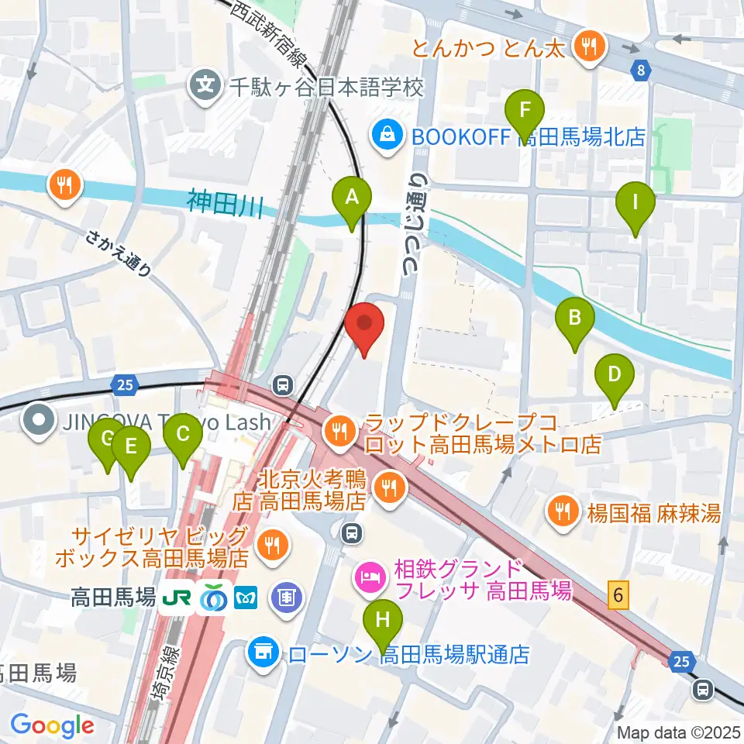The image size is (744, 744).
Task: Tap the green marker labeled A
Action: tap(352, 198)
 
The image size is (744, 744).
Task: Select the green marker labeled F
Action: tap(525, 112)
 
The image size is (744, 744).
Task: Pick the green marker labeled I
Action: tap(635, 205)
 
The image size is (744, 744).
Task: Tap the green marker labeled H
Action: tap(383, 622)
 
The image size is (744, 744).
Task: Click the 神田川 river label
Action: tap(225, 205)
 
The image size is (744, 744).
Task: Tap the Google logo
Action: tap(53, 725)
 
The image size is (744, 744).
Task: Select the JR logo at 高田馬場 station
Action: tap(177, 599)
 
